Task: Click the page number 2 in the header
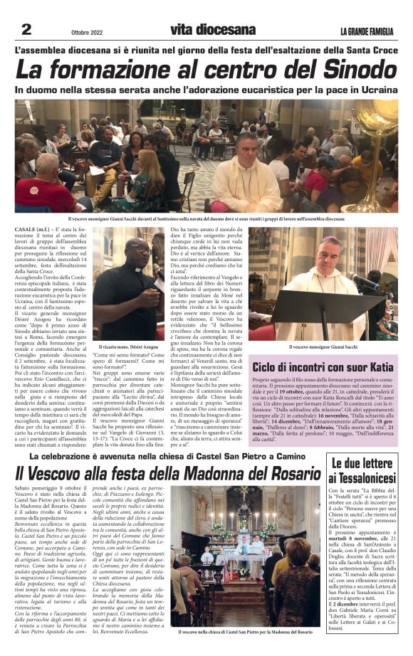[x=26, y=29]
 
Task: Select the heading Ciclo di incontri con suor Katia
[x=323, y=367]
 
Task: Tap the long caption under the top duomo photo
[x=206, y=219]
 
